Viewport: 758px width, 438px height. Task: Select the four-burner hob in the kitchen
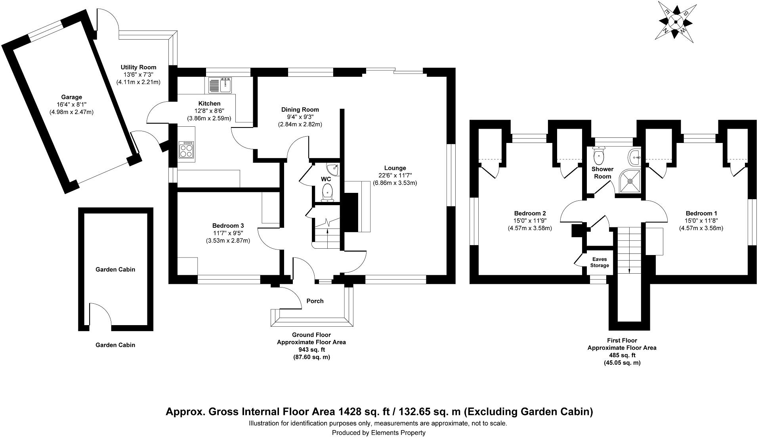(187, 149)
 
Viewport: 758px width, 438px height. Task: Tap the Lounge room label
(395, 168)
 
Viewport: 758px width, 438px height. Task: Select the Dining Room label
(300, 110)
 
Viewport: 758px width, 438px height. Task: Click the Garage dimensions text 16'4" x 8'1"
(71, 105)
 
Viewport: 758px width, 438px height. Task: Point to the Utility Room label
(138, 67)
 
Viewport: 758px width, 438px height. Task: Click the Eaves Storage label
(600, 262)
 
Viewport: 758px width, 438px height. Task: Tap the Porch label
(315, 301)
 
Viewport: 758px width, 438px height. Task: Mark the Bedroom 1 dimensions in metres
(701, 228)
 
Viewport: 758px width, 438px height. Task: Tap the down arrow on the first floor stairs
(630, 269)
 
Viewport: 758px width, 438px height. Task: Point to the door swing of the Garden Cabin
(99, 313)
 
